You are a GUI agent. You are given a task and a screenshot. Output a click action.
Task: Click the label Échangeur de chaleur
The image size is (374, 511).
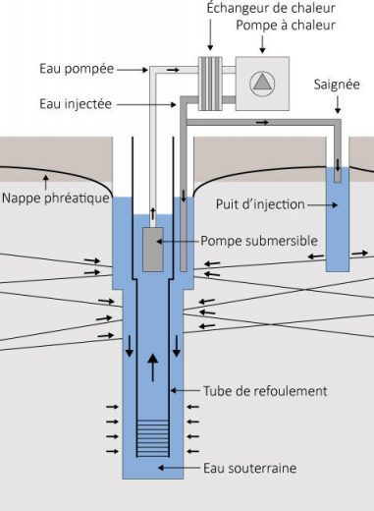click(x=271, y=8)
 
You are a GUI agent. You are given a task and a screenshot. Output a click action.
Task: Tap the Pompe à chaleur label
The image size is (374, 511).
click(x=286, y=25)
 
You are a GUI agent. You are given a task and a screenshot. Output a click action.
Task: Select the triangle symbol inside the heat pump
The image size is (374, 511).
click(x=262, y=83)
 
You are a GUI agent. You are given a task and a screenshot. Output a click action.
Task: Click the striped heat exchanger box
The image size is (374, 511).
click(x=210, y=84)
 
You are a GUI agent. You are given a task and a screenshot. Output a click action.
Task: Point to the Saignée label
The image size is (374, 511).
click(x=337, y=85)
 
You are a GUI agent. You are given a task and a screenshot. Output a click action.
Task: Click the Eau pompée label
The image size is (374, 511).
click(x=77, y=69)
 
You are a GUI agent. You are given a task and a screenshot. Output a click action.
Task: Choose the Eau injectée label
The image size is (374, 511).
click(x=76, y=104)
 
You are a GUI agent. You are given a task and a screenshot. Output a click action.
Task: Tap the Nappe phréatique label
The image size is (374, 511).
click(x=56, y=198)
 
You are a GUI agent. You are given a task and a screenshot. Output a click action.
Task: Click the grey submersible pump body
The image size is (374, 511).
click(x=153, y=250)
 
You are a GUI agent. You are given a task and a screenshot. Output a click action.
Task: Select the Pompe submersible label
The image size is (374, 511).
click(x=259, y=241)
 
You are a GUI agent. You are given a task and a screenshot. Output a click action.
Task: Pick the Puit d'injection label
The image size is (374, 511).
click(x=260, y=204)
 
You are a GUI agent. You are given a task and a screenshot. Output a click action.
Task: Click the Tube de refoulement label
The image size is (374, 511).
click(x=265, y=391)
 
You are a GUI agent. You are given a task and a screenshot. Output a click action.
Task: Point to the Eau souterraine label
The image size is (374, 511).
click(x=249, y=468)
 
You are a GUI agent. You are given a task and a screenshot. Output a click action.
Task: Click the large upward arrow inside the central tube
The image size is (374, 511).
click(x=153, y=368)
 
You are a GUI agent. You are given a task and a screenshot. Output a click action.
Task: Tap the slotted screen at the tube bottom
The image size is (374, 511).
click(x=153, y=438)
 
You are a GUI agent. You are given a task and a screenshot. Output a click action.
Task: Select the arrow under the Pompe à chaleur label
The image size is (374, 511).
click(x=262, y=44)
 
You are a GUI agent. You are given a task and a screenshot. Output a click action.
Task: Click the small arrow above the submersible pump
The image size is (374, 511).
click(x=153, y=213)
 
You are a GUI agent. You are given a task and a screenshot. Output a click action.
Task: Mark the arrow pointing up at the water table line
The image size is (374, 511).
click(x=46, y=182)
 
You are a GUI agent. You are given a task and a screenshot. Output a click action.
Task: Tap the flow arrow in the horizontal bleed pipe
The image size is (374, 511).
click(x=262, y=123)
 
